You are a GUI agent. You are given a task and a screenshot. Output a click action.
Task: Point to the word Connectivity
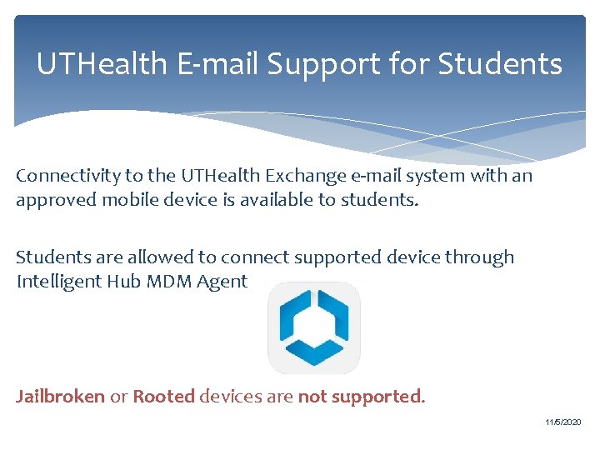click(66, 177)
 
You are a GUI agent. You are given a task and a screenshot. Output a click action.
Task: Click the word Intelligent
click(60, 282)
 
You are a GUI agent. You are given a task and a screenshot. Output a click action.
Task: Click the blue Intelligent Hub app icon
click(314, 327)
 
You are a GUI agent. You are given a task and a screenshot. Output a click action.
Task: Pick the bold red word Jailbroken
click(61, 397)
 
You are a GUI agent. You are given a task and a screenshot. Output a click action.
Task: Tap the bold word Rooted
click(164, 397)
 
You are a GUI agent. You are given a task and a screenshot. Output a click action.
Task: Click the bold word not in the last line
click(312, 397)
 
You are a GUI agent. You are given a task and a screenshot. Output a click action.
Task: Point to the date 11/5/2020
click(564, 423)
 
